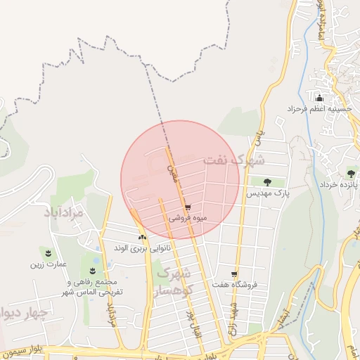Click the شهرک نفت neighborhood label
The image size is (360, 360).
click(227, 160)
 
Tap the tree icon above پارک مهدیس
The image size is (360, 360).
click(267, 182)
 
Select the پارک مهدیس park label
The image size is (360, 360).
click(267, 193)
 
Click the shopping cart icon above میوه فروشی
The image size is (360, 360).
click(188, 208)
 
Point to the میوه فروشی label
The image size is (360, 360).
click(188, 219)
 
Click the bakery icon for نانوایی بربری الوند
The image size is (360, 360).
click(143, 238)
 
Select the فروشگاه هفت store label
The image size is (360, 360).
click(234, 285)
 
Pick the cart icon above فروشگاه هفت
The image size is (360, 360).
click(234, 274)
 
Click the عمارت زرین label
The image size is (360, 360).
click(48, 264)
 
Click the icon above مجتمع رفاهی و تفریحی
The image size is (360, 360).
click(92, 271)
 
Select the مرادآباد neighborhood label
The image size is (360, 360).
click(63, 212)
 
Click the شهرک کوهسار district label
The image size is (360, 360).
click(174, 281)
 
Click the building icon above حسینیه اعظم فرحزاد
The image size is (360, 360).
click(320, 98)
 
